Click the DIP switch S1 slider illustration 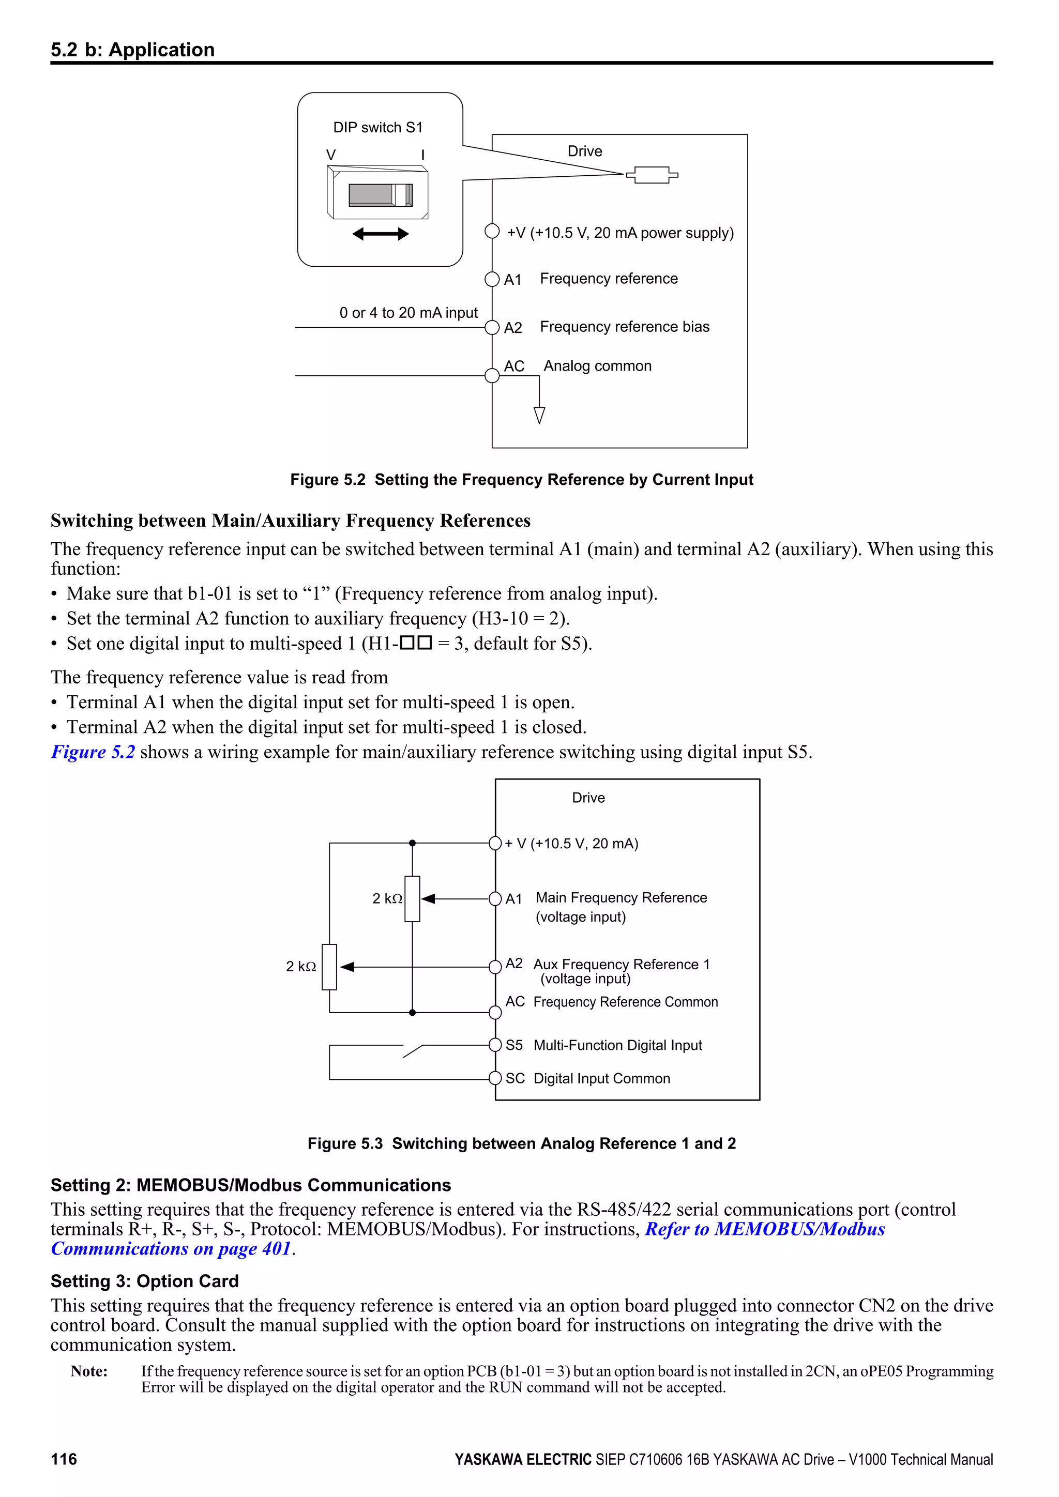(378, 194)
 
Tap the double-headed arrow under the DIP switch (380, 234)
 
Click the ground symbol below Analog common (539, 415)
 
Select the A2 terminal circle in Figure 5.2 (492, 327)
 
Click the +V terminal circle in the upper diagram (492, 232)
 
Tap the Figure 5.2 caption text (522, 480)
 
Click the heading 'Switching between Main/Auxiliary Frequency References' (290, 521)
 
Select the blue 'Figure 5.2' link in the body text (93, 753)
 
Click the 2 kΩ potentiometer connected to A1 (412, 899)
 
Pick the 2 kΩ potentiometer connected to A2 (329, 967)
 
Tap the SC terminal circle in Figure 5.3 (495, 1078)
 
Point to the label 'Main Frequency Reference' (621, 898)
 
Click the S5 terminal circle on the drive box (495, 1045)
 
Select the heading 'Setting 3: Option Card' (145, 1281)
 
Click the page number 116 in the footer (64, 1459)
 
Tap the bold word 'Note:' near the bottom (89, 1371)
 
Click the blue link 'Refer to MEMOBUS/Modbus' (764, 1229)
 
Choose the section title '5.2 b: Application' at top (132, 50)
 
